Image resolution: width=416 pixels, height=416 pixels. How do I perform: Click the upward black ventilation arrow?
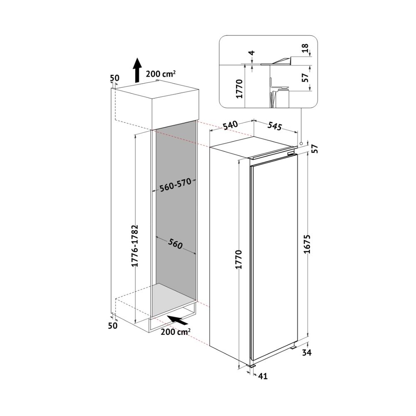coord(137,70)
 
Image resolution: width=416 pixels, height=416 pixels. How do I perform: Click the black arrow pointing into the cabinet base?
coord(178,319)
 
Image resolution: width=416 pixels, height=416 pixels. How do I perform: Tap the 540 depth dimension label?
coord(230,125)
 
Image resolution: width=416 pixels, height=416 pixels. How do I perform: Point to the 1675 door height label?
coord(307,244)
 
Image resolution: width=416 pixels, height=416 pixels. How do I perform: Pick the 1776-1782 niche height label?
coord(135,246)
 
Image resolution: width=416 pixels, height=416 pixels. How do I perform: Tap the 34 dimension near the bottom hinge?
coord(307,353)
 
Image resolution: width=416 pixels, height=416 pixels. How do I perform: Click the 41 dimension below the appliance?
coord(262,376)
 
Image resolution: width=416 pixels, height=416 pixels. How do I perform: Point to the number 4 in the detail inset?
coord(252,52)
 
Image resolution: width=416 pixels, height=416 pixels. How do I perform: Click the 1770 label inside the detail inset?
coord(240,89)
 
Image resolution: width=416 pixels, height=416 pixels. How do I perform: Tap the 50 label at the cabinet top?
coord(115,78)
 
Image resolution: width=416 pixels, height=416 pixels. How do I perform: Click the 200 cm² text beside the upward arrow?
coord(161,74)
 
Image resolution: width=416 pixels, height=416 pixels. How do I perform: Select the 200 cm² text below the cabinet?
coord(176,332)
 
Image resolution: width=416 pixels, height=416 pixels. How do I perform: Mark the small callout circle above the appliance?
coord(301,144)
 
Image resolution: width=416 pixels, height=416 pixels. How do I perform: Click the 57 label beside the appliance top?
coord(315,149)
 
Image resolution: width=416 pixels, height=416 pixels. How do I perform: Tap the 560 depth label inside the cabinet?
coord(176,244)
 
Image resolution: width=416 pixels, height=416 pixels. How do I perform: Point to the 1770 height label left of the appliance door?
coord(239,259)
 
